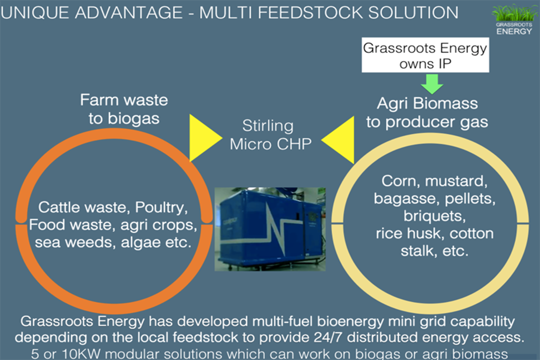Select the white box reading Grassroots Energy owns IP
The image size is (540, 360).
pos(424,56)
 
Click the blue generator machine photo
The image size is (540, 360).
pos(270,229)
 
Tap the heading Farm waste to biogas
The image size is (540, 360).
pos(123,108)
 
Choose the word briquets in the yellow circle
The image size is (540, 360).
pos(434,216)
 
